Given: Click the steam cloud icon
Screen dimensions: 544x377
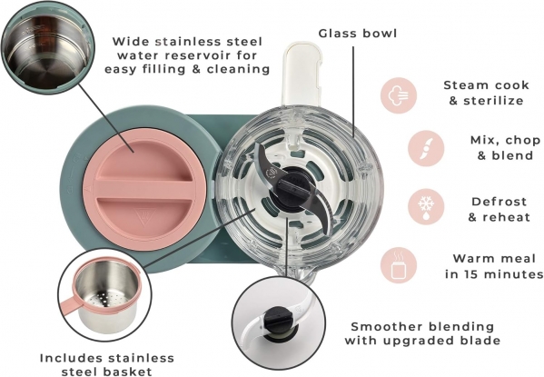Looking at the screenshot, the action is point(399,95).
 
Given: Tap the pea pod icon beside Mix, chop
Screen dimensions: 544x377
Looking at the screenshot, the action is point(426,149).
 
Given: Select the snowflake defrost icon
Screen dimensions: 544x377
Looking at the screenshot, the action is point(426,207).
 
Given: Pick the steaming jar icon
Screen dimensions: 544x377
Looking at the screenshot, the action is point(399,265).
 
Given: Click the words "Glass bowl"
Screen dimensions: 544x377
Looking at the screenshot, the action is point(358,34).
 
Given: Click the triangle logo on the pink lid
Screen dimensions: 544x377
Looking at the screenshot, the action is point(142,215).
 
